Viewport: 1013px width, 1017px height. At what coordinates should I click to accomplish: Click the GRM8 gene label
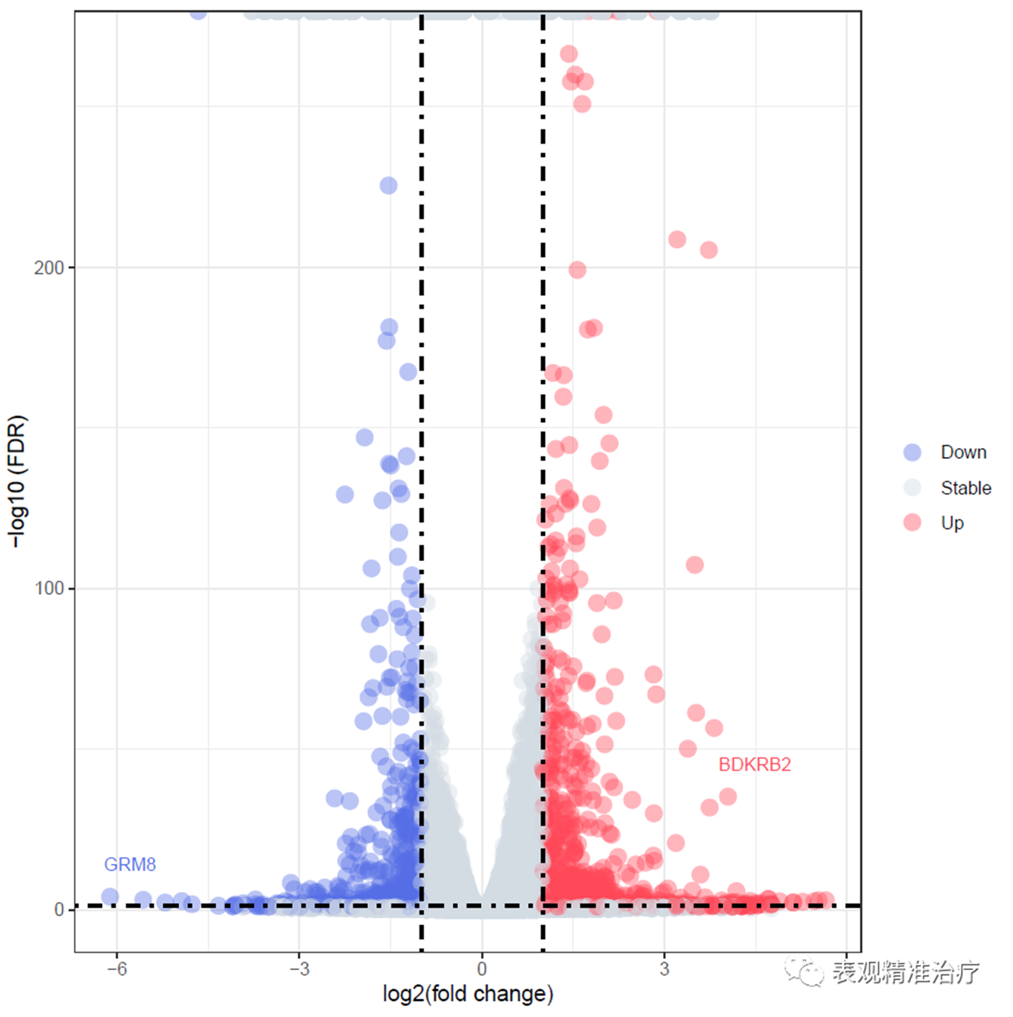(x=130, y=864)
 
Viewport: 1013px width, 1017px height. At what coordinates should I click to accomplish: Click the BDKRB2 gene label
(x=754, y=764)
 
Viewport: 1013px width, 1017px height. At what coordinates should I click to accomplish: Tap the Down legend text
(x=963, y=452)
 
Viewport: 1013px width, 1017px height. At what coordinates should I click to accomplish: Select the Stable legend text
(x=965, y=488)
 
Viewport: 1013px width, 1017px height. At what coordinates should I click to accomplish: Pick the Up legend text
(x=952, y=523)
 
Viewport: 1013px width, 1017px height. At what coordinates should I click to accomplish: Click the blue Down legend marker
(x=912, y=452)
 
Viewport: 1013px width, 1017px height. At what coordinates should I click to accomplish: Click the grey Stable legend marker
(x=912, y=488)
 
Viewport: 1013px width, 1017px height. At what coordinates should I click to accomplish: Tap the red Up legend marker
(x=912, y=523)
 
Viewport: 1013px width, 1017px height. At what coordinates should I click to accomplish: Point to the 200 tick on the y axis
(x=49, y=267)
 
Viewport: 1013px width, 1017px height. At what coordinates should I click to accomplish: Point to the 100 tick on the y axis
(x=49, y=588)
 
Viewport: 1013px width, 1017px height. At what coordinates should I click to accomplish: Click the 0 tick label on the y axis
(x=60, y=909)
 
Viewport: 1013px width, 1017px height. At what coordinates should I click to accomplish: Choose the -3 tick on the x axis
(x=299, y=969)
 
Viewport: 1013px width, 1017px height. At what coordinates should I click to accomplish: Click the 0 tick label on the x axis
(x=482, y=969)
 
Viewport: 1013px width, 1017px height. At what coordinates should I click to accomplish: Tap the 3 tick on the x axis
(x=664, y=969)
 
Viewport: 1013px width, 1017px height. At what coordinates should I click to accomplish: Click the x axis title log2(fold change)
(x=468, y=994)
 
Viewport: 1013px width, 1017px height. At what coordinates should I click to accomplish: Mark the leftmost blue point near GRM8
(x=110, y=896)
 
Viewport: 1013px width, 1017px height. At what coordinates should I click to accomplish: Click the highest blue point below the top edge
(x=388, y=186)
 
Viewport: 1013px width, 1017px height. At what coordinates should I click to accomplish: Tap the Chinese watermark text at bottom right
(x=905, y=972)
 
